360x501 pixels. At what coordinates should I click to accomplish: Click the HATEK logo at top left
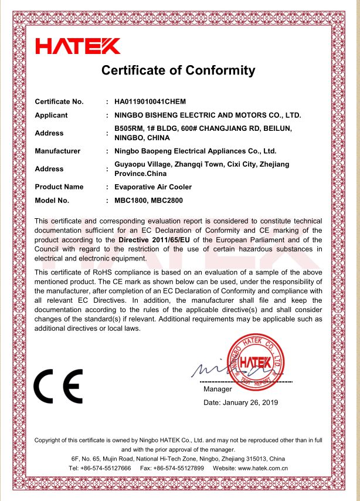[x=78, y=46]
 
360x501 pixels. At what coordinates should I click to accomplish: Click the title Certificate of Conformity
[x=178, y=71]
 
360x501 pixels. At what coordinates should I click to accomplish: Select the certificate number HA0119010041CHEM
[x=150, y=101]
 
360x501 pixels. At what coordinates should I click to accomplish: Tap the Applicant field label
[x=52, y=115]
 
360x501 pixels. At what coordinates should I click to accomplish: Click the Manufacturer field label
[x=57, y=151]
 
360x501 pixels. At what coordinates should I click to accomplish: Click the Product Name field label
[x=59, y=187]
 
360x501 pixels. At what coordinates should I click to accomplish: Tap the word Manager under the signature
[x=218, y=389]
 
